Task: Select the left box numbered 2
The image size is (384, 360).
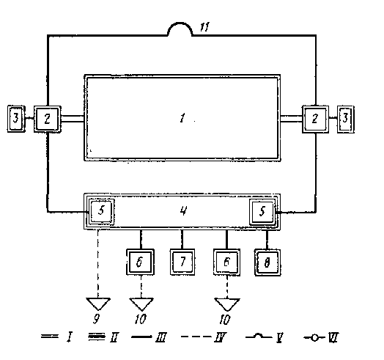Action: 47,119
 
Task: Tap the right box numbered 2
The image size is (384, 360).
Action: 315,119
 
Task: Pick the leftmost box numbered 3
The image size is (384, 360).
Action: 16,119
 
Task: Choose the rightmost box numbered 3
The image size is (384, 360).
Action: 346,119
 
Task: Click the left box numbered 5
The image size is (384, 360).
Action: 101,211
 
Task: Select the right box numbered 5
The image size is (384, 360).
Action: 262,212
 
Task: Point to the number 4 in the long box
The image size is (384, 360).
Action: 183,210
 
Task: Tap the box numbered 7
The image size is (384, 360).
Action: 182,262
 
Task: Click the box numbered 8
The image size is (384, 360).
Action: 267,262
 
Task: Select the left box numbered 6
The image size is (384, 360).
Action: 140,262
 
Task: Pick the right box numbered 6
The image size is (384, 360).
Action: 226,262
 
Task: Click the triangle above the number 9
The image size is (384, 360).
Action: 98,304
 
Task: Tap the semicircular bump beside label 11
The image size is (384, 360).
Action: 180,23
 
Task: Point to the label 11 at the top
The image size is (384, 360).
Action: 204,27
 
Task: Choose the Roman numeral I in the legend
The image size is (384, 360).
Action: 70,337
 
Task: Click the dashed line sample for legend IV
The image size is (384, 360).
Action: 196,337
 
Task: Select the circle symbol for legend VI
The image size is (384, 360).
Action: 314,338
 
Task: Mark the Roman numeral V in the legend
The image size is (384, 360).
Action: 279,338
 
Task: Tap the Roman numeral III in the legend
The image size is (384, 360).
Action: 161,337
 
